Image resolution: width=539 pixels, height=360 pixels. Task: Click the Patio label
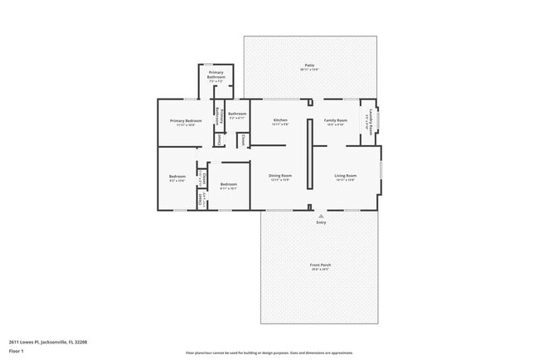click(x=308, y=66)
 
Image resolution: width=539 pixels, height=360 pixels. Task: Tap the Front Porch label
click(x=320, y=266)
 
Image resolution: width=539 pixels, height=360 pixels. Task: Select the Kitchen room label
click(x=280, y=122)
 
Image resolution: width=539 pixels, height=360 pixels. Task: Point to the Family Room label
click(x=335, y=122)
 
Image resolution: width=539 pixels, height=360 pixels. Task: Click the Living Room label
click(x=345, y=177)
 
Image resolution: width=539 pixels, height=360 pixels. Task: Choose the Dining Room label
click(x=279, y=177)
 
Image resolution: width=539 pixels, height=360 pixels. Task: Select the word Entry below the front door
click(x=321, y=222)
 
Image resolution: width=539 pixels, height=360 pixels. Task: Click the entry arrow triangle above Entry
click(x=321, y=215)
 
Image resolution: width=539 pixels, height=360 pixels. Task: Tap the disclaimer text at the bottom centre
click(x=269, y=353)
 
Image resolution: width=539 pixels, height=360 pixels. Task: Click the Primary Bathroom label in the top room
click(x=216, y=77)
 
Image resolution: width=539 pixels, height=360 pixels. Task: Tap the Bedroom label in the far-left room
click(x=177, y=178)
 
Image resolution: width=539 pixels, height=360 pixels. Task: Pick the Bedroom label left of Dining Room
click(x=228, y=186)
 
